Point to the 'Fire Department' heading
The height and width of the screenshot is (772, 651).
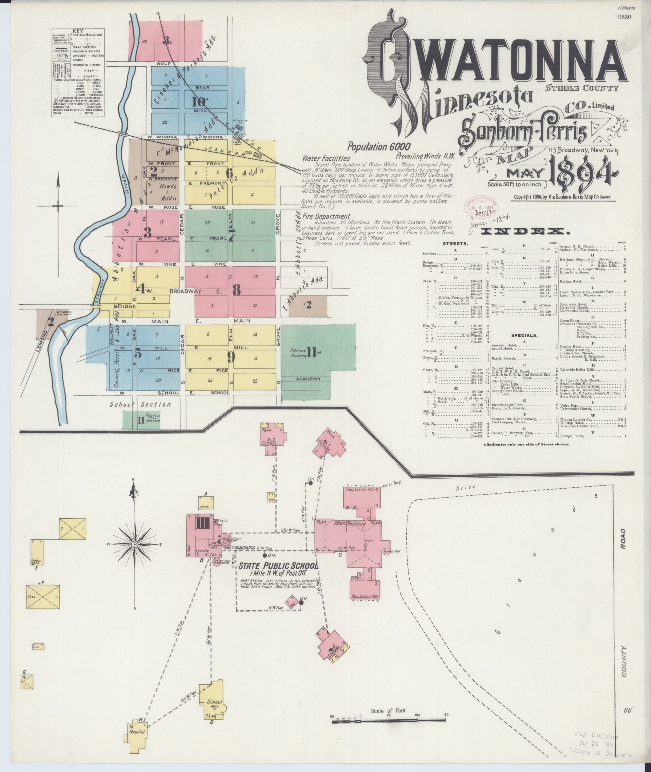pos(326,217)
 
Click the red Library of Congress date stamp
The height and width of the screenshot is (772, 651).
pos(481,207)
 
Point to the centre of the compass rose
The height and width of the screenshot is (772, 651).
pos(135,544)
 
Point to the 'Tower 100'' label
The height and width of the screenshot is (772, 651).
pos(392,552)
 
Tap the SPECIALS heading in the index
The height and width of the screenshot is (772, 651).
pos(524,336)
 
